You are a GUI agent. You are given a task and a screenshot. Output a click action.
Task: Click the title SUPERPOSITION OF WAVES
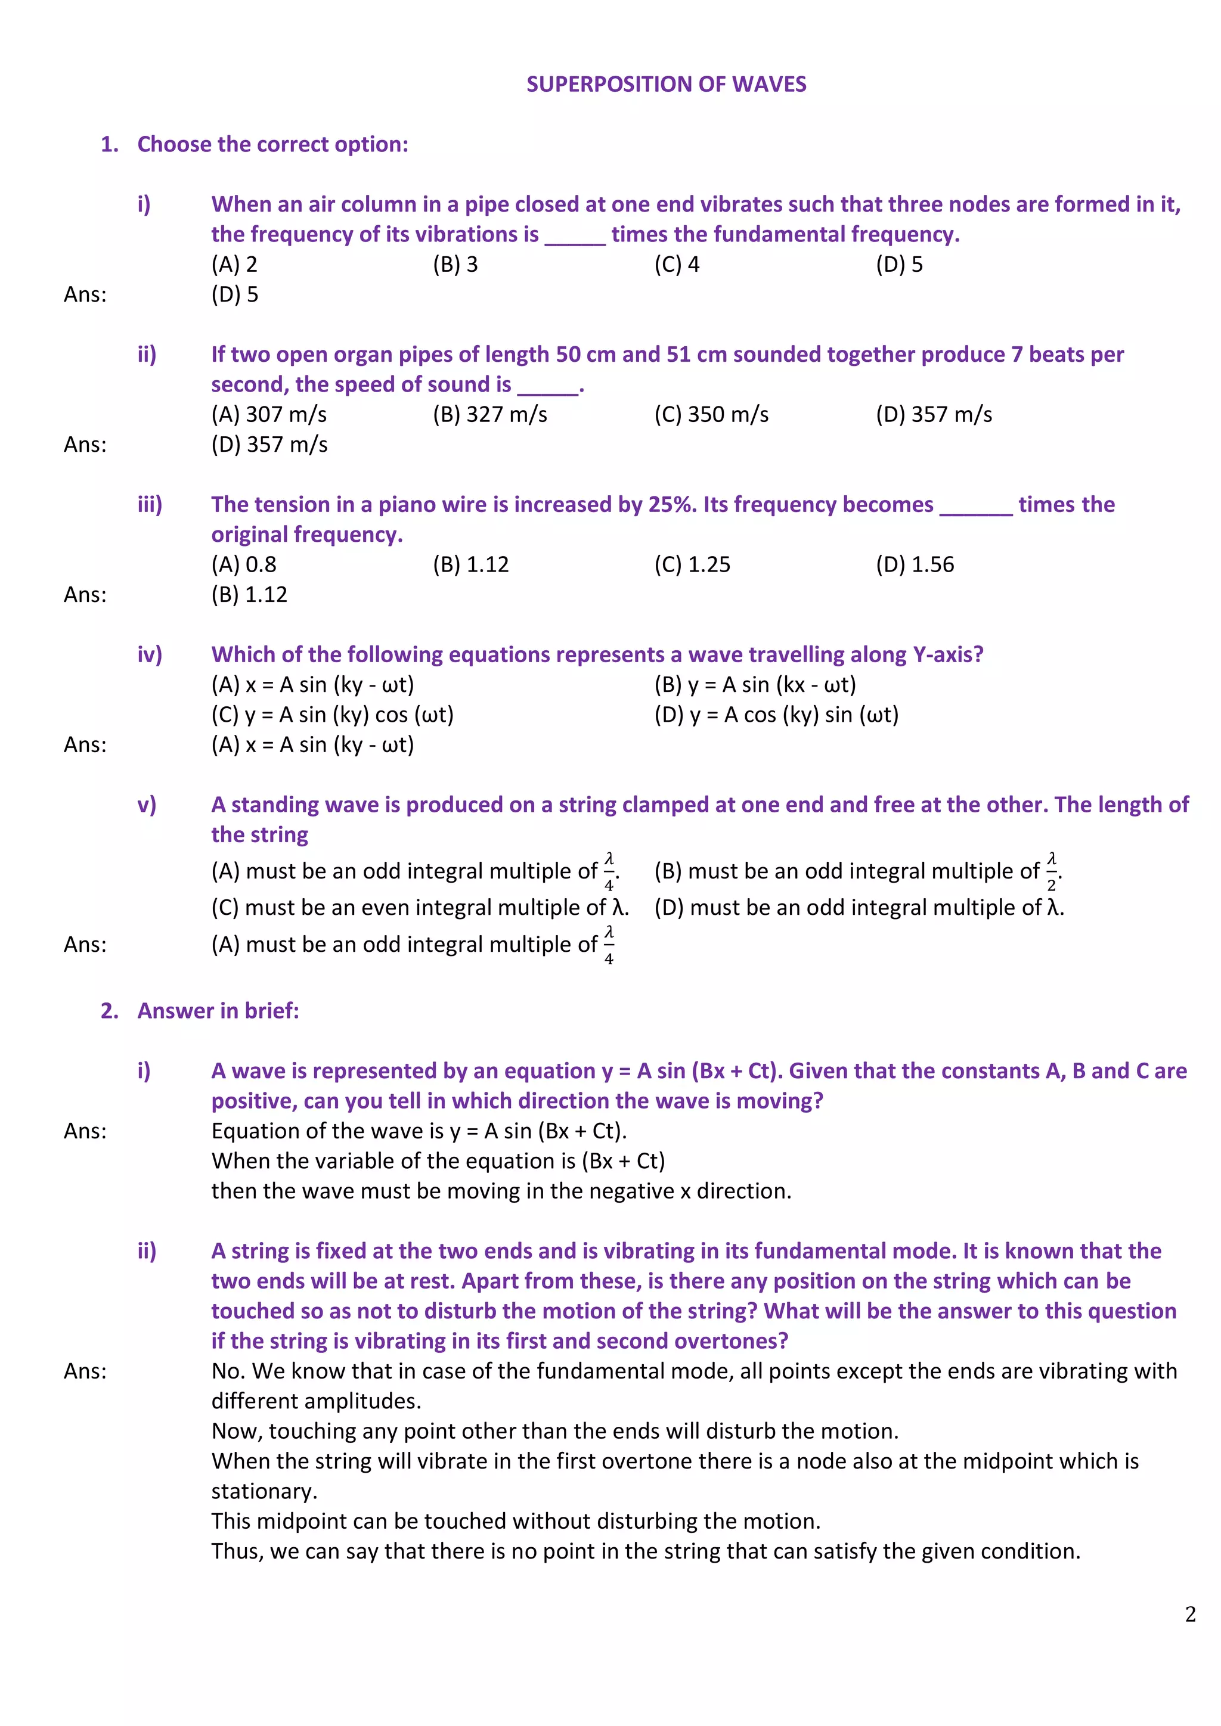(x=666, y=84)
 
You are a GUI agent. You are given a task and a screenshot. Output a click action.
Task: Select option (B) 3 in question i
(x=455, y=265)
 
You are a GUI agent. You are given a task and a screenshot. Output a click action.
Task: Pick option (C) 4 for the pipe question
(x=677, y=265)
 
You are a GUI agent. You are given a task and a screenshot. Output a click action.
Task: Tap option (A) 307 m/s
(x=268, y=414)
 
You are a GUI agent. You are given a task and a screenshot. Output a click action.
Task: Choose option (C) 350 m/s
(x=711, y=414)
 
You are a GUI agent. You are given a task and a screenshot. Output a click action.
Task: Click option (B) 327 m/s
(x=489, y=414)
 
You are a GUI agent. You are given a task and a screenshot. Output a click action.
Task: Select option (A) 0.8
(x=244, y=564)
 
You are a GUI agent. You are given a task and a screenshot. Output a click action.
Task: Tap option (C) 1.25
(x=692, y=564)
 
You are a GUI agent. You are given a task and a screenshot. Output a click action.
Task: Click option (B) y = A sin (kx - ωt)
(x=755, y=685)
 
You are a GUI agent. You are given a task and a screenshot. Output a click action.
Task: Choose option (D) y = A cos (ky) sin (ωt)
(x=776, y=715)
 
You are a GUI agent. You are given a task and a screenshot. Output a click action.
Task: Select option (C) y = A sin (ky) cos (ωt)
(x=332, y=715)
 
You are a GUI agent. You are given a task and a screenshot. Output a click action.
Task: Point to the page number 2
(x=1190, y=1614)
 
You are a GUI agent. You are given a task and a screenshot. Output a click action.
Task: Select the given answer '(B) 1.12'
(x=249, y=595)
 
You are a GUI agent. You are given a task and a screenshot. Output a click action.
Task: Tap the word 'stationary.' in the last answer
(x=264, y=1491)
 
